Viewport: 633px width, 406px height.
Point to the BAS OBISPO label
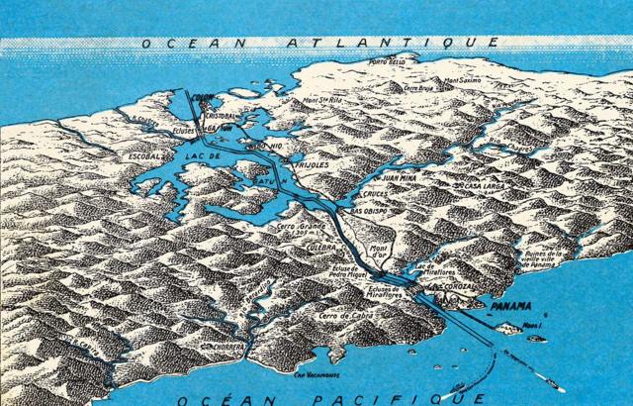click(344, 211)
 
